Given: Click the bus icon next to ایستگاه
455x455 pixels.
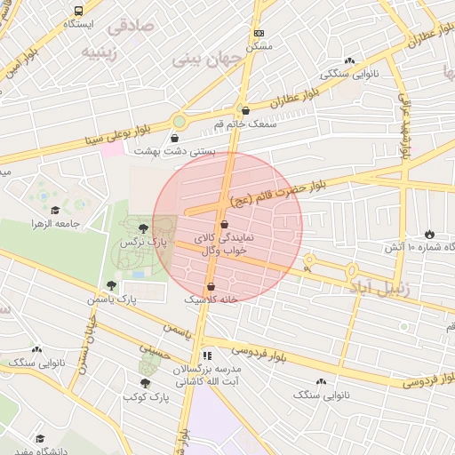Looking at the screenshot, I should tap(79, 12).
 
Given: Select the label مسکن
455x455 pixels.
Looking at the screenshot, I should tap(259, 45).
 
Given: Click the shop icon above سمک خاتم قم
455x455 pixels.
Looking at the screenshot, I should tap(245, 111).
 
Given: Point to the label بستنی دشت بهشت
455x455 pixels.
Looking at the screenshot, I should tap(175, 152).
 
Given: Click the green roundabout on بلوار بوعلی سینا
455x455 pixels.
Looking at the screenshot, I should tap(180, 121).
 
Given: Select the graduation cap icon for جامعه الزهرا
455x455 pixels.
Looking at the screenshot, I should tap(55, 211).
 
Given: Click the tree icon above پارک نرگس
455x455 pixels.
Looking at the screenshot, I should tap(144, 228).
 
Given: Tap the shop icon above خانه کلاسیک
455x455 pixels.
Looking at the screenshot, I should tap(211, 286).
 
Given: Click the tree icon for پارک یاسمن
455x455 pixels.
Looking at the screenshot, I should tap(111, 285).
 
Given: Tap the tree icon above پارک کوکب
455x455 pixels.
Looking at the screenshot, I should tap(144, 383).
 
